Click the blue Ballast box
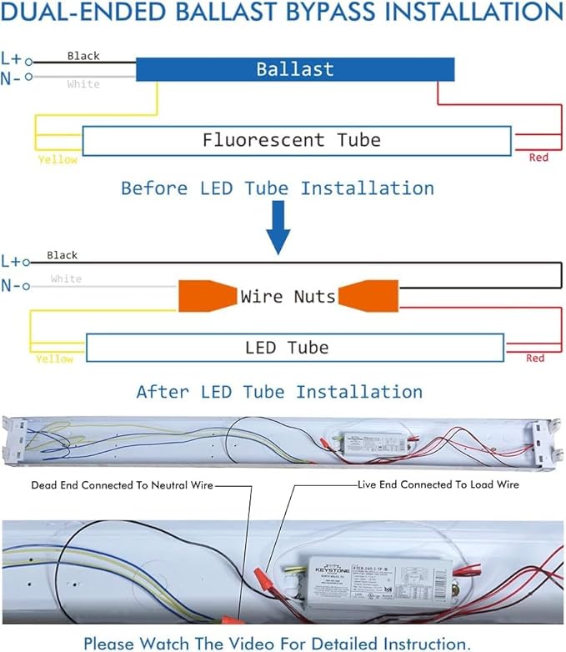295,69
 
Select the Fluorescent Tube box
296,140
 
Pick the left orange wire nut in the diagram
204,296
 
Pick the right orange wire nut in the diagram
371,296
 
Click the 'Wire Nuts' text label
288,296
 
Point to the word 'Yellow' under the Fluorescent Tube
58,159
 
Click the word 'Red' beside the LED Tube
535,358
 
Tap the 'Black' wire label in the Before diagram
83,56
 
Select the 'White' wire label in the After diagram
66,278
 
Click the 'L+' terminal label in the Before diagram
12,59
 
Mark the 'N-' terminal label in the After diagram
12,286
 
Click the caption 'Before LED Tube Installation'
278,188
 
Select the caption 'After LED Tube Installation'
279,391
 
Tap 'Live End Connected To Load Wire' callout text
438,484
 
